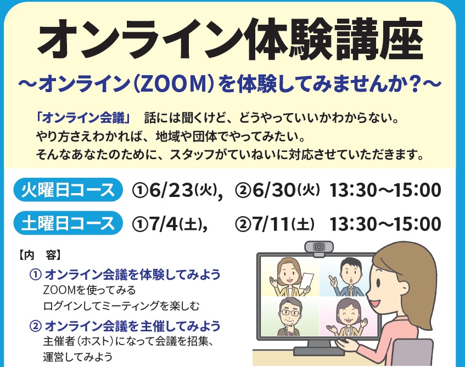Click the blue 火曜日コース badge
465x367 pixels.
[68, 190]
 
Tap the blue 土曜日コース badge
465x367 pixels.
[68, 223]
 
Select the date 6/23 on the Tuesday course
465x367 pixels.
[171, 190]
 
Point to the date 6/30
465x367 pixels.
[274, 190]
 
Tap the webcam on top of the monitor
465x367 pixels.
[319, 247]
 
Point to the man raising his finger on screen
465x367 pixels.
[346, 277]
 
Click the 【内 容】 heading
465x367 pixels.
[40, 255]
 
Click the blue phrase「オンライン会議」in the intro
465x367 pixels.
[83, 118]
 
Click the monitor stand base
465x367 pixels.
[318, 351]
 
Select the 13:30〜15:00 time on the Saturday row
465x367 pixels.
[385, 224]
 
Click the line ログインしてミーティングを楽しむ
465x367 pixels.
[121, 306]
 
